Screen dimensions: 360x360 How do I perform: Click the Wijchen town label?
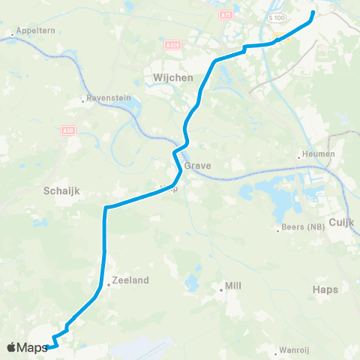click(x=173, y=77)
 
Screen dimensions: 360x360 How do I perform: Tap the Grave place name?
click(x=202, y=166)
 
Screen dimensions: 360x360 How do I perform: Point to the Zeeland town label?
click(x=130, y=280)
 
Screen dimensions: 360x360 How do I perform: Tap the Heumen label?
click(x=318, y=155)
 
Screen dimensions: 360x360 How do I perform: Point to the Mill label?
click(x=234, y=286)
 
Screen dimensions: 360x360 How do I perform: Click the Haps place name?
click(x=326, y=289)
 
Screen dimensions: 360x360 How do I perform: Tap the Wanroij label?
click(x=294, y=349)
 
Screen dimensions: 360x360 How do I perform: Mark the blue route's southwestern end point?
click(x=47, y=346)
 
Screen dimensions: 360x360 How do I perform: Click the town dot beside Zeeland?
click(x=108, y=284)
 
